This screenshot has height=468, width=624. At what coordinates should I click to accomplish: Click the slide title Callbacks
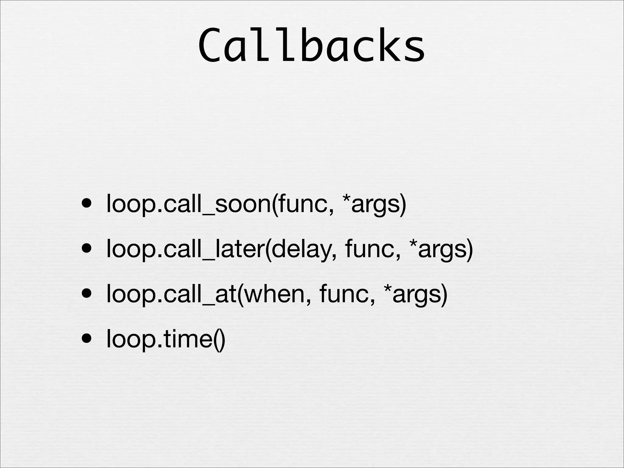click(x=311, y=46)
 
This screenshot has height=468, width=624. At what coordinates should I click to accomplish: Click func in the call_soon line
click(x=305, y=203)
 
